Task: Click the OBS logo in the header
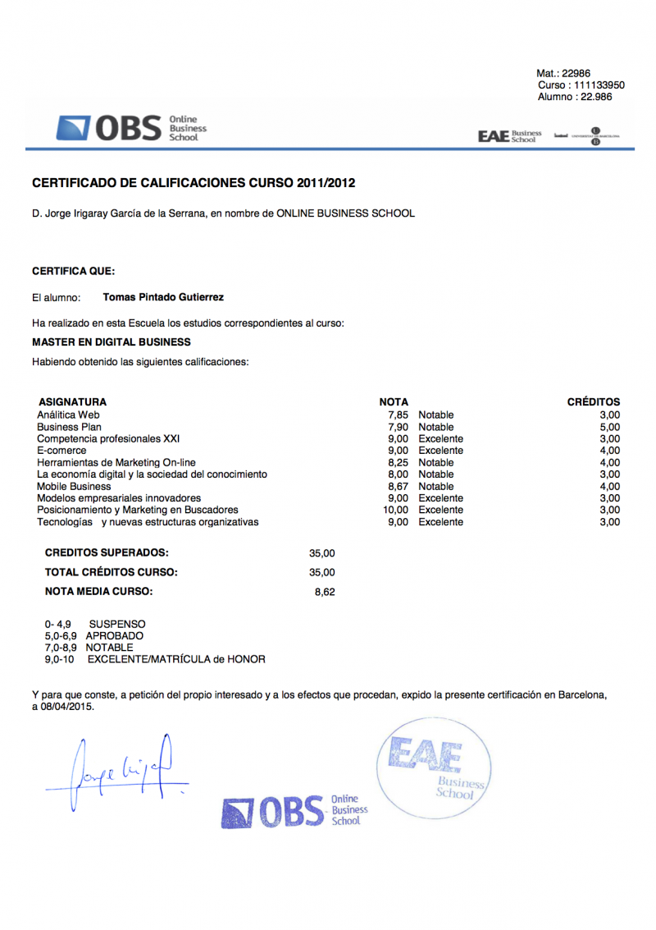[x=131, y=128]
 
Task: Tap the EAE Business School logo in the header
[x=510, y=136]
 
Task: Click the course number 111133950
[x=599, y=85]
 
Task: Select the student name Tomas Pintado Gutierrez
[x=163, y=298]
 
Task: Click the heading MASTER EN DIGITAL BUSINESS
[x=112, y=342]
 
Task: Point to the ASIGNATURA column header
[x=72, y=402]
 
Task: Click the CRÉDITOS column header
[x=594, y=402]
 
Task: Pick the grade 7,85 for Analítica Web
[x=398, y=415]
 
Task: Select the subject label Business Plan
[x=70, y=427]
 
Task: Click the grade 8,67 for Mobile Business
[x=398, y=486]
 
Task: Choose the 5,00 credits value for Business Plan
[x=609, y=427]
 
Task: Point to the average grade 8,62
[x=325, y=592]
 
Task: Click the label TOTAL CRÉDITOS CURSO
[x=111, y=572]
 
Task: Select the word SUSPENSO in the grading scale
[x=117, y=625]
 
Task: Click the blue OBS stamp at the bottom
[x=294, y=811]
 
